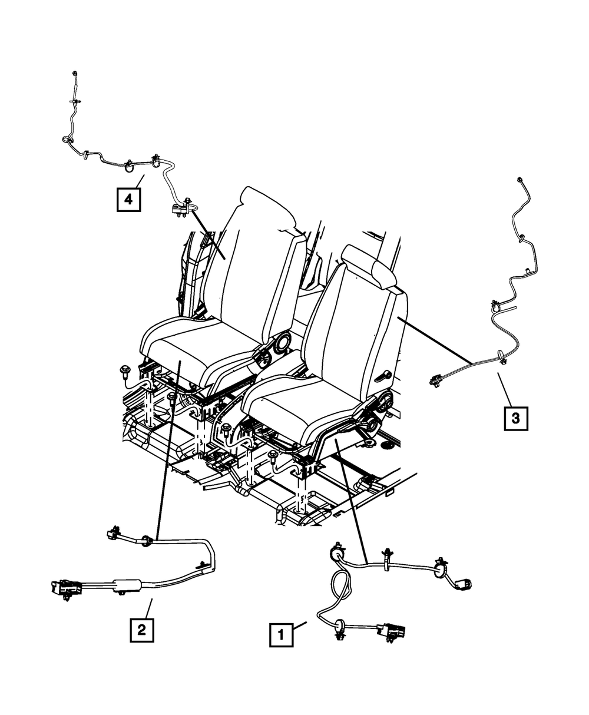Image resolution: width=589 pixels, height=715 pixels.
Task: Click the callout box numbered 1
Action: pyautogui.click(x=281, y=635)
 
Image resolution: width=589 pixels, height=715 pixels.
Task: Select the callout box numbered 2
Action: pyautogui.click(x=141, y=630)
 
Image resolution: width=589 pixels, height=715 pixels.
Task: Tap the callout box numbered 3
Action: pyautogui.click(x=515, y=419)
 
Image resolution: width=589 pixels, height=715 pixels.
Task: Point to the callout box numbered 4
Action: pyautogui.click(x=128, y=199)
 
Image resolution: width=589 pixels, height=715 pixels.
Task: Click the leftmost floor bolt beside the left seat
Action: pyautogui.click(x=125, y=371)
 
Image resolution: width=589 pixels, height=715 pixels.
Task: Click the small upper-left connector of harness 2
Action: pyautogui.click(x=111, y=534)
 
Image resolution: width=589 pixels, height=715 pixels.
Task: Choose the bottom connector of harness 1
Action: pyautogui.click(x=392, y=631)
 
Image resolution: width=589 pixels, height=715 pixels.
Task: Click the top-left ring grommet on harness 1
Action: pyautogui.click(x=337, y=554)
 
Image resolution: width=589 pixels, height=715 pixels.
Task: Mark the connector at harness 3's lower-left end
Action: pyautogui.click(x=436, y=380)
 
